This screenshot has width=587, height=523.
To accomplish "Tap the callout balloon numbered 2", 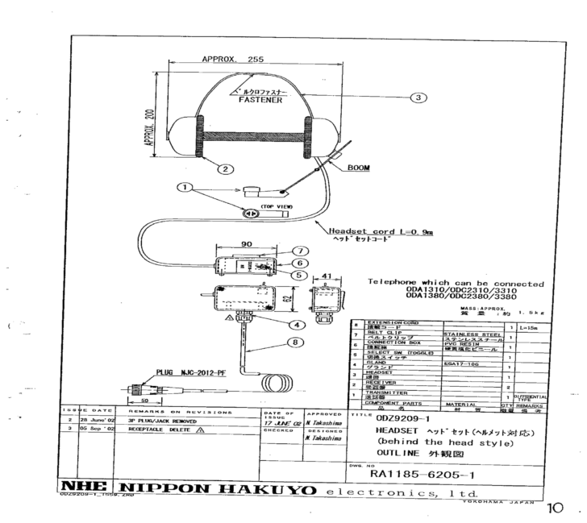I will click(226, 168).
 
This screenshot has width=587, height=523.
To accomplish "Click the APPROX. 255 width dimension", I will click(233, 59).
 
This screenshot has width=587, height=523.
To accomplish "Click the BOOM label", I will click(357, 168).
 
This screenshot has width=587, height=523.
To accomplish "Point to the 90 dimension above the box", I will click(247, 243).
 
